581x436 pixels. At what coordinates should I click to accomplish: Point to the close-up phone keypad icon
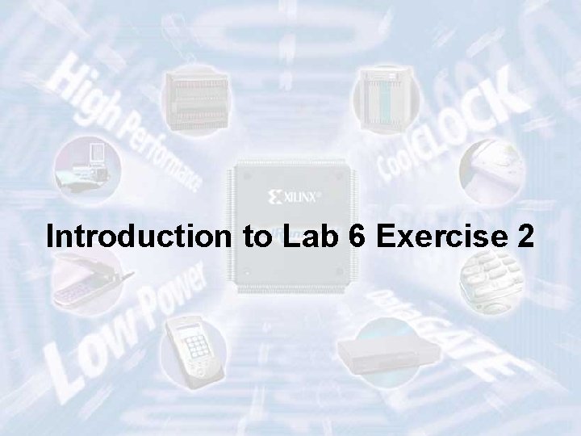point(487,279)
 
